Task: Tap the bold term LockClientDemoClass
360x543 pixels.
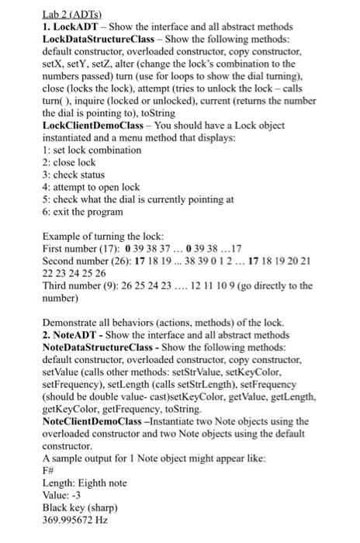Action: point(99,123)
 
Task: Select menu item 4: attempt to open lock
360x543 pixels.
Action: point(92,187)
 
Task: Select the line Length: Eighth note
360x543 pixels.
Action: point(83,483)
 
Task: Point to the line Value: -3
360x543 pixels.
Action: point(62,496)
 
